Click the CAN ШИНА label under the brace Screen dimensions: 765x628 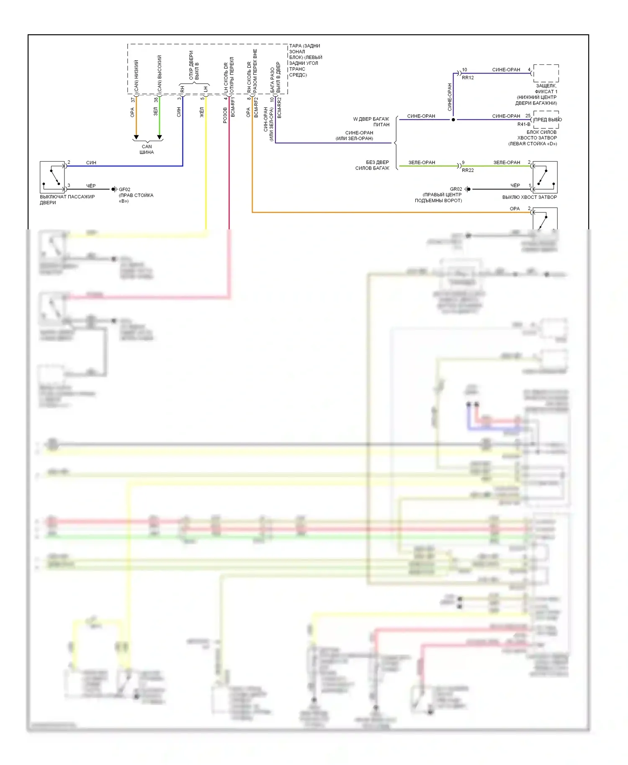(x=147, y=149)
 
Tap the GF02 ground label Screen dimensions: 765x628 (x=124, y=190)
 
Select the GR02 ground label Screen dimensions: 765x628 (x=456, y=189)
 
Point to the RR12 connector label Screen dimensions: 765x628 (x=468, y=78)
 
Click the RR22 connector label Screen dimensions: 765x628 (x=468, y=170)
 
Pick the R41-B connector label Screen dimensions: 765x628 (x=524, y=124)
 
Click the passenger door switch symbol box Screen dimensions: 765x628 (x=52, y=177)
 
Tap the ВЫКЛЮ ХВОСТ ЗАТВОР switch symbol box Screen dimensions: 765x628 (x=545, y=177)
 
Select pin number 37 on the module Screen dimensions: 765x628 (x=133, y=100)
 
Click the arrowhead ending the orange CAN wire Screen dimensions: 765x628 (x=136, y=137)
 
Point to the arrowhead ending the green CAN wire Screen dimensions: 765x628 (x=160, y=137)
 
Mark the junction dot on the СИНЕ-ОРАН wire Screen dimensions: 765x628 (x=453, y=120)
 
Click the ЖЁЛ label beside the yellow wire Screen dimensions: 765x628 (x=202, y=112)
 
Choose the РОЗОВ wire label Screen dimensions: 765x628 (x=225, y=115)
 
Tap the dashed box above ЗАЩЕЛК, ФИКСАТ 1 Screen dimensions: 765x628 (x=546, y=73)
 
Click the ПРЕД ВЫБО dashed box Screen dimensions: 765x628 (x=546, y=120)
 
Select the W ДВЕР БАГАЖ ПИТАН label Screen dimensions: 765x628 (x=371, y=122)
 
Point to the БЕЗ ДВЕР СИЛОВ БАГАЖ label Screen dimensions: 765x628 (x=372, y=165)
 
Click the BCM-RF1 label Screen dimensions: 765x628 (x=233, y=107)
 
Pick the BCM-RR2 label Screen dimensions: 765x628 (x=279, y=108)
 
